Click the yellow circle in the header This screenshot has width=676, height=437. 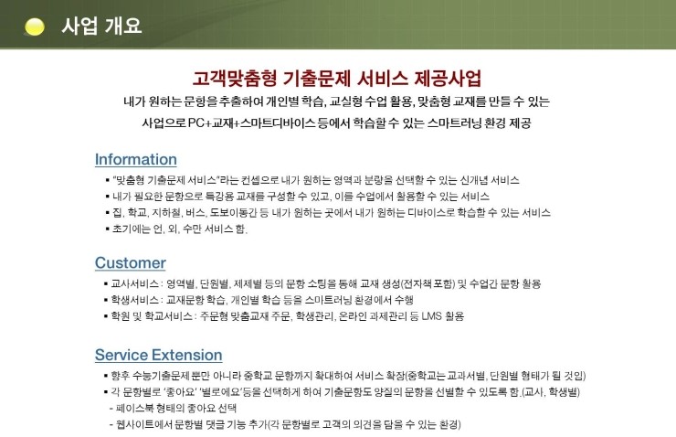[35, 27]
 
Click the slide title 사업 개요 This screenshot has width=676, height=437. [101, 26]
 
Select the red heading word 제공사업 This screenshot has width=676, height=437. [448, 78]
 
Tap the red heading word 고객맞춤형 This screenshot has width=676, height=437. [235, 78]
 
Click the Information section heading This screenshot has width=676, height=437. [136, 159]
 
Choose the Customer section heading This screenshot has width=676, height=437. [131, 262]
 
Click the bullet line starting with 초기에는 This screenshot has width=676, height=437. [176, 229]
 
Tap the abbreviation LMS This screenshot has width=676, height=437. [431, 316]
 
